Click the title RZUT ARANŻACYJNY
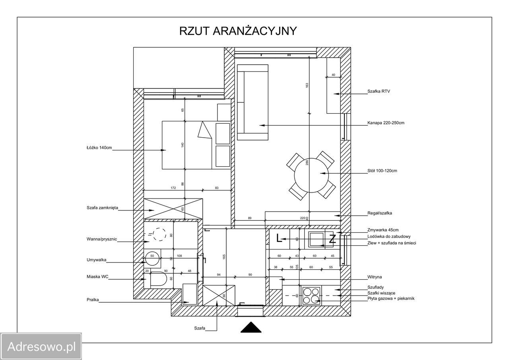(238, 31)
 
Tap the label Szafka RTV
(379, 91)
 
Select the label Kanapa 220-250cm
(386, 123)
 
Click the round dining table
(311, 175)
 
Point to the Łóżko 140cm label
(99, 148)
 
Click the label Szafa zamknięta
(102, 208)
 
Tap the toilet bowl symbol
(158, 278)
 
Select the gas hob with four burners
(311, 296)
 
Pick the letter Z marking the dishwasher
(332, 239)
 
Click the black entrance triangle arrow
(251, 327)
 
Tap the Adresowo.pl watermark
(41, 346)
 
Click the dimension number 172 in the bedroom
(173, 188)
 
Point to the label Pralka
(93, 300)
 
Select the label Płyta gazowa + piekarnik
(391, 298)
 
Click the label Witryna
(375, 277)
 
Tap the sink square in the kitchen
(317, 239)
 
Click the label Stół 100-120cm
(382, 171)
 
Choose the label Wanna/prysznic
(101, 239)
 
